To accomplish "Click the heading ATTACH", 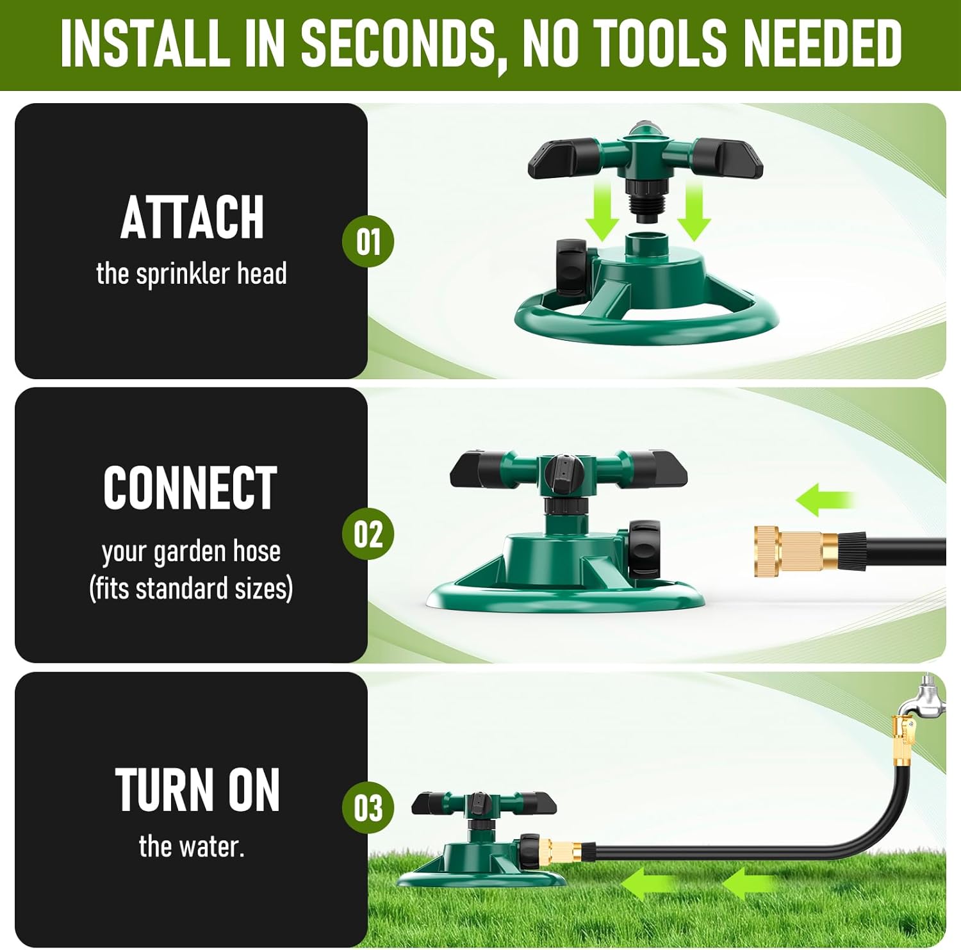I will point(192,218).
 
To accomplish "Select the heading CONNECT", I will point(190,487).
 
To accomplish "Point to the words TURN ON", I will point(197,790).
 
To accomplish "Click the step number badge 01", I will point(368,242).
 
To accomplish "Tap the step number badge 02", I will point(368,534).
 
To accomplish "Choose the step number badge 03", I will point(368,808).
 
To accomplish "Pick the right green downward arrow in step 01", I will point(694,211).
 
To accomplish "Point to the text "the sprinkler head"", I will point(192,274).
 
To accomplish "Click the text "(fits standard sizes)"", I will point(191,588).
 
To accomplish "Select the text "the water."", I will point(192,847).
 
